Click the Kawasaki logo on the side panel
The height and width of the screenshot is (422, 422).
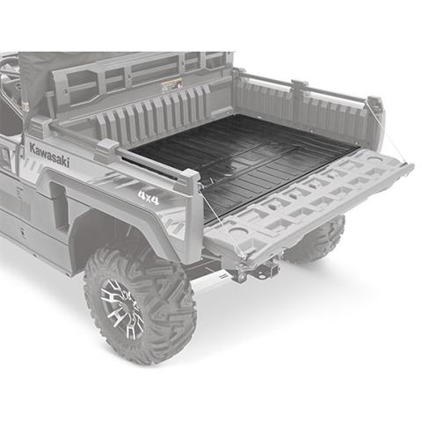(x=49, y=155)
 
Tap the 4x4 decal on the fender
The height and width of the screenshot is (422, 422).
(x=148, y=198)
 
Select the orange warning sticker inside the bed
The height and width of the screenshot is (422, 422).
(x=172, y=84)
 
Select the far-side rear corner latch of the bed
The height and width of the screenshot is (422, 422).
(x=375, y=110)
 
